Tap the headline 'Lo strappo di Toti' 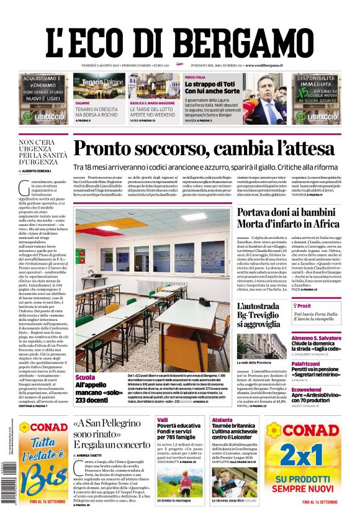tap(207, 84)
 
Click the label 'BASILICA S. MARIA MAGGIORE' tap(153, 102)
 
